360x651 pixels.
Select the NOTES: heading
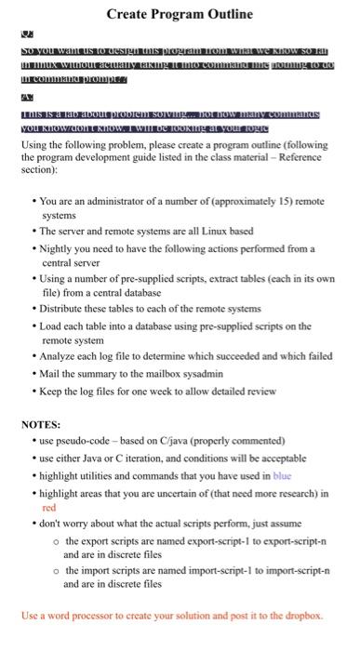41,425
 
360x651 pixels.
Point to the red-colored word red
49,509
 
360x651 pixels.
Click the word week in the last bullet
162,391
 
